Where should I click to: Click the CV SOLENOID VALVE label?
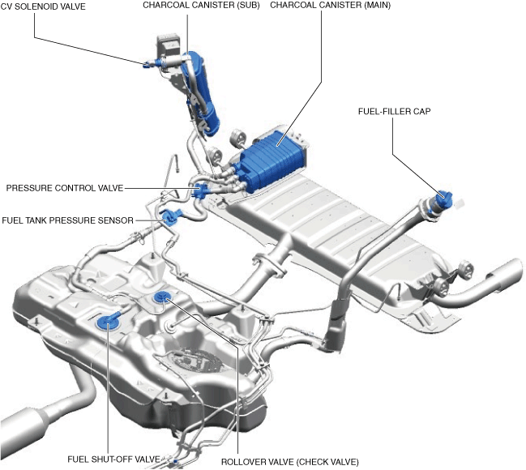43,6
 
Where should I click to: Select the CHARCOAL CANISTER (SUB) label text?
201,6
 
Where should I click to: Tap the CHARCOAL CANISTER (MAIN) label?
331,6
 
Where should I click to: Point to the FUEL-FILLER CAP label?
394,111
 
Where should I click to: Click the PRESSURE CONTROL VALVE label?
65,188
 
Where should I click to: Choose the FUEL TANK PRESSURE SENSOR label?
68,220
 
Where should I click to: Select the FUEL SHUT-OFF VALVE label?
113,459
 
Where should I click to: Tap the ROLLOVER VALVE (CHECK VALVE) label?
290,462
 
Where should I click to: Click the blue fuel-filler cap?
444,198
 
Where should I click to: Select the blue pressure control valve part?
202,191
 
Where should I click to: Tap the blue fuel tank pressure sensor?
170,217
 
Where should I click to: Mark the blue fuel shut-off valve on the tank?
107,322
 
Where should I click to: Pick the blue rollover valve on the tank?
162,297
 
